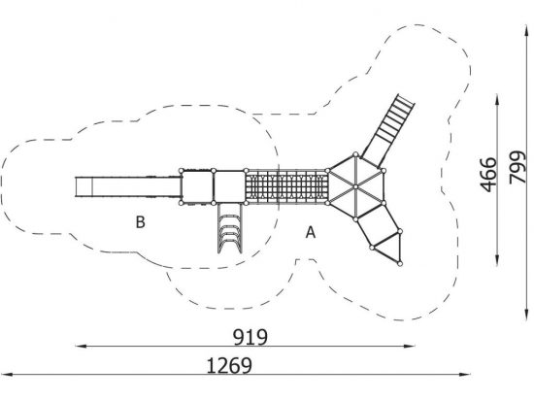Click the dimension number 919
pos(250,337)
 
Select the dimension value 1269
pos(229,366)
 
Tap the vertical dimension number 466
pos(488,175)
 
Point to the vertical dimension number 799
pos(517,167)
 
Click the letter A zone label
pos(311,233)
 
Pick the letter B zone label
pos(141,221)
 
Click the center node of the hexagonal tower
pos(355,186)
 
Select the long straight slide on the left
pos(128,186)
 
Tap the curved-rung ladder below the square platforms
pos(229,228)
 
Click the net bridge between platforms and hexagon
pos(286,186)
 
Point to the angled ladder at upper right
pos(389,129)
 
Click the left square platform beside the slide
pos(197,186)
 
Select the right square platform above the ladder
pos(230,186)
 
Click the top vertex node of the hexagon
pos(355,154)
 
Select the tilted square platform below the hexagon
pos(378,225)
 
